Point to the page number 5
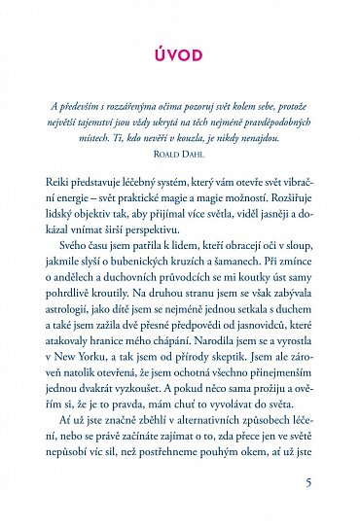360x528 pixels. point(308,483)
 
